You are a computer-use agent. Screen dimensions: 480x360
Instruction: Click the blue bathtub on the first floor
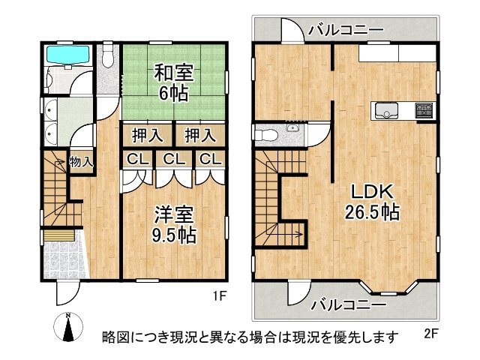tap(67, 55)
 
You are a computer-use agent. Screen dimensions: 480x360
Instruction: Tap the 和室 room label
tap(173, 73)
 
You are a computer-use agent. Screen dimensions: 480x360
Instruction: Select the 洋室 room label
tap(173, 215)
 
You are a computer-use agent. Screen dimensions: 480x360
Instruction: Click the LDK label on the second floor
tap(372, 192)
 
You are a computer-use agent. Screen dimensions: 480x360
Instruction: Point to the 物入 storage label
tap(81, 162)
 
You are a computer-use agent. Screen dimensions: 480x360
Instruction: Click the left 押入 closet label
tap(148, 136)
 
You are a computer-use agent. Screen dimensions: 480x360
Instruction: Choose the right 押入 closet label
tap(200, 136)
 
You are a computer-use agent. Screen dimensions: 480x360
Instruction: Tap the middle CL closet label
tap(174, 159)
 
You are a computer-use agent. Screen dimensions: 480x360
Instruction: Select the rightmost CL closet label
tap(210, 159)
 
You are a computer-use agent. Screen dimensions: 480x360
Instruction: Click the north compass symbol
tap(68, 327)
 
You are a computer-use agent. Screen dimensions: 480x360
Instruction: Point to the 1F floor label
tap(220, 296)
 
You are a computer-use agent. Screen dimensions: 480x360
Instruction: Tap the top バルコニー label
tap(346, 30)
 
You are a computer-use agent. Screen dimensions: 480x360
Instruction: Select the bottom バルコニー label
tap(349, 305)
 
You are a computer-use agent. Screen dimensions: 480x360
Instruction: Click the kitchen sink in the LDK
tap(386, 110)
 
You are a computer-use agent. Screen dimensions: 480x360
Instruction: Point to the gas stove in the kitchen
tap(424, 110)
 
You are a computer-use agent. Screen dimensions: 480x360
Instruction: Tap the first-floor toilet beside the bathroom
tap(107, 55)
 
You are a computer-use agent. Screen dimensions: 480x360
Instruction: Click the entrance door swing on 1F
tap(68, 292)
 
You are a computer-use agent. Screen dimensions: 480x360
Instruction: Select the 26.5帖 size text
tap(372, 211)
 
